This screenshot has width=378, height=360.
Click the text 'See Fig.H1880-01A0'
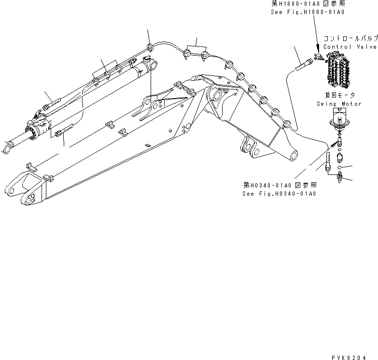tap(308, 12)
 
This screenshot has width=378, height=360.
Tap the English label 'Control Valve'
tap(350, 47)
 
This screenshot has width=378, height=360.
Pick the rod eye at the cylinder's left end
tap(8, 148)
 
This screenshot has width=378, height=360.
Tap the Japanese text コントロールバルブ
tap(350, 38)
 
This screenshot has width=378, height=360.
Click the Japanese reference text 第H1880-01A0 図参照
tap(304, 3)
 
